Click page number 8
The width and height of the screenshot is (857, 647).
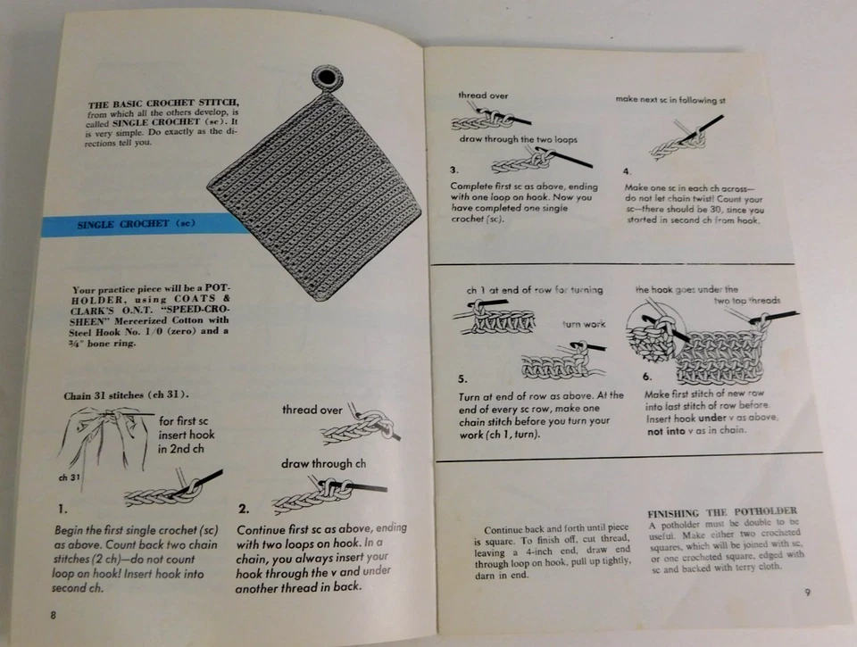tap(54, 614)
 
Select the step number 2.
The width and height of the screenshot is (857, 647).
tap(244, 510)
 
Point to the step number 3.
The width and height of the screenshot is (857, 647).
tap(454, 170)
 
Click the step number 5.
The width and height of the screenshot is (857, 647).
tap(462, 377)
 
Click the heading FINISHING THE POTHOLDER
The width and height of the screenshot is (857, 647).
tap(721, 511)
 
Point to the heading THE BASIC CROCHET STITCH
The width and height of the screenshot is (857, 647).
tap(163, 104)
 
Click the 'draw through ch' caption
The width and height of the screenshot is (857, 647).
tap(323, 463)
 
